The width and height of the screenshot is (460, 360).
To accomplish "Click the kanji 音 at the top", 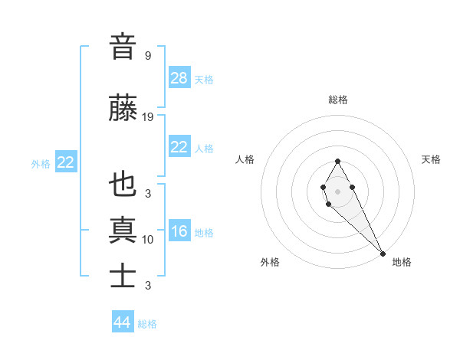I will tap(123, 47).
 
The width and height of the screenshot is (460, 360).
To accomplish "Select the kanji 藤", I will tap(123, 109).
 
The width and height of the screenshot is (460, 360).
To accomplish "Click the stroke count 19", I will tap(148, 117).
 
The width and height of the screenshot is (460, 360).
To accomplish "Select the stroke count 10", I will tap(148, 240).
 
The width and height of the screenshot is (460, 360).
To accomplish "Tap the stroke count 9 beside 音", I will tap(148, 56).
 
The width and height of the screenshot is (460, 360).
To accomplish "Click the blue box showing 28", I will tap(179, 78).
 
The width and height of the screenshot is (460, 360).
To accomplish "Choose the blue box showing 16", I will tap(179, 231).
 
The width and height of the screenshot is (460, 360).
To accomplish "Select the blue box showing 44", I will tap(123, 322).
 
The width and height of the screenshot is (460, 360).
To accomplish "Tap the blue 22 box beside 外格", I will tap(66, 162).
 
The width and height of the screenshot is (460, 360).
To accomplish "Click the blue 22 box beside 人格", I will tap(179, 147).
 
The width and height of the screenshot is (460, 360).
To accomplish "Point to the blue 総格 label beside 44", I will tap(147, 324).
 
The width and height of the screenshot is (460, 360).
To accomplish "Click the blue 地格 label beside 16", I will tap(204, 233).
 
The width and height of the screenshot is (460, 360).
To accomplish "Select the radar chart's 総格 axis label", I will tap(337, 100).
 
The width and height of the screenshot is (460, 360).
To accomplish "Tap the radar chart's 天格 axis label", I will tap(431, 159).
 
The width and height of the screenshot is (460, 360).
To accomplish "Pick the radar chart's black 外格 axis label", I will tap(270, 262).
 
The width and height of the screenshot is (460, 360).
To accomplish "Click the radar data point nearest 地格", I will tap(383, 254).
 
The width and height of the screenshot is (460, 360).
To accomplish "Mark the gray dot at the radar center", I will tap(337, 191).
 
